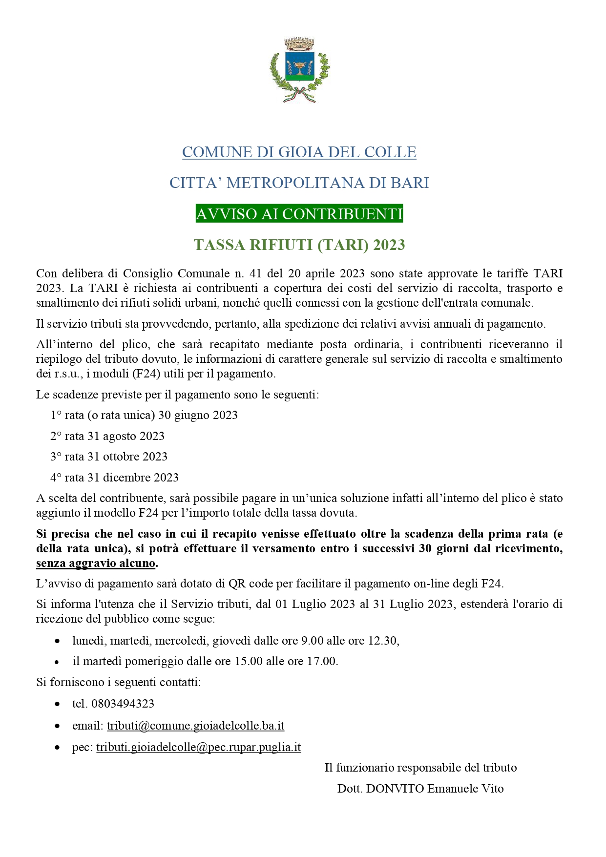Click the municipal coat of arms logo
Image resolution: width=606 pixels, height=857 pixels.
coord(299,69)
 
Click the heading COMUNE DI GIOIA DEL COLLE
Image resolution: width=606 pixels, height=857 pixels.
coord(299,152)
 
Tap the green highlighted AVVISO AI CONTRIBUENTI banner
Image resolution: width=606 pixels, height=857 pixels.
coord(299,214)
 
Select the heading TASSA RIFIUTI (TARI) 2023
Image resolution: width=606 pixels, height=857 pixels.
coord(299,245)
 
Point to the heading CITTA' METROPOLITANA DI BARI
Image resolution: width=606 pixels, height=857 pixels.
coord(299,183)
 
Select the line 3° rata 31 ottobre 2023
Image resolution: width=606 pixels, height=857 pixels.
coord(109,457)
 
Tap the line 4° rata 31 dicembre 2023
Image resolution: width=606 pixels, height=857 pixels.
coord(114,478)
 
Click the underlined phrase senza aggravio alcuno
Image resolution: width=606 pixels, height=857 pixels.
coord(96,563)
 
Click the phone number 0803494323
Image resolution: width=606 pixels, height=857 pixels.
coord(123,704)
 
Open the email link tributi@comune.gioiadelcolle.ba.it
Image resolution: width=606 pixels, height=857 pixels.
coord(195,726)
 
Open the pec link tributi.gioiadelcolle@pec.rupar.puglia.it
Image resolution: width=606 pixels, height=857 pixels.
coord(198,747)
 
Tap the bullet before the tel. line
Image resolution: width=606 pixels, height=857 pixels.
coord(57,704)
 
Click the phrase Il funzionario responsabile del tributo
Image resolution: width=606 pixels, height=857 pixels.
coord(420,768)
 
